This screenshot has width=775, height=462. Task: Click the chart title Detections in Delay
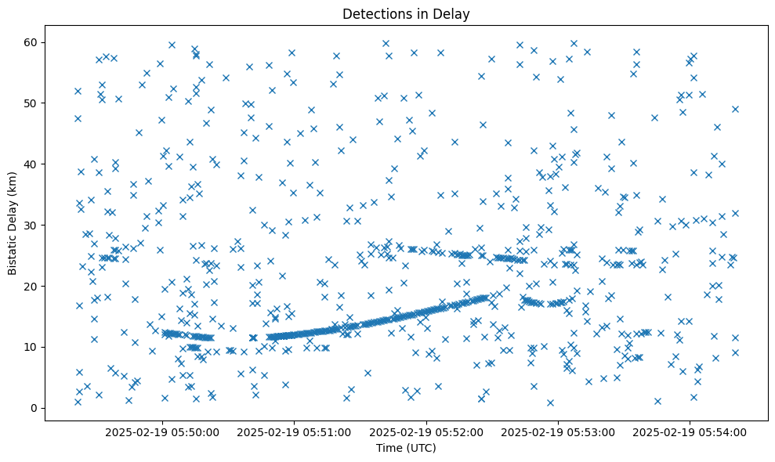point(406,14)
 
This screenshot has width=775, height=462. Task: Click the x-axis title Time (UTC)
point(406,449)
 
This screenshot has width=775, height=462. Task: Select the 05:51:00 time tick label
point(295,431)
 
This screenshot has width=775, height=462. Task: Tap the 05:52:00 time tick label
point(426,431)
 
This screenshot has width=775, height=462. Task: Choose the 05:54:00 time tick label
point(690,431)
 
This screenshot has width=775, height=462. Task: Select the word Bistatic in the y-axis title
point(13,251)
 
